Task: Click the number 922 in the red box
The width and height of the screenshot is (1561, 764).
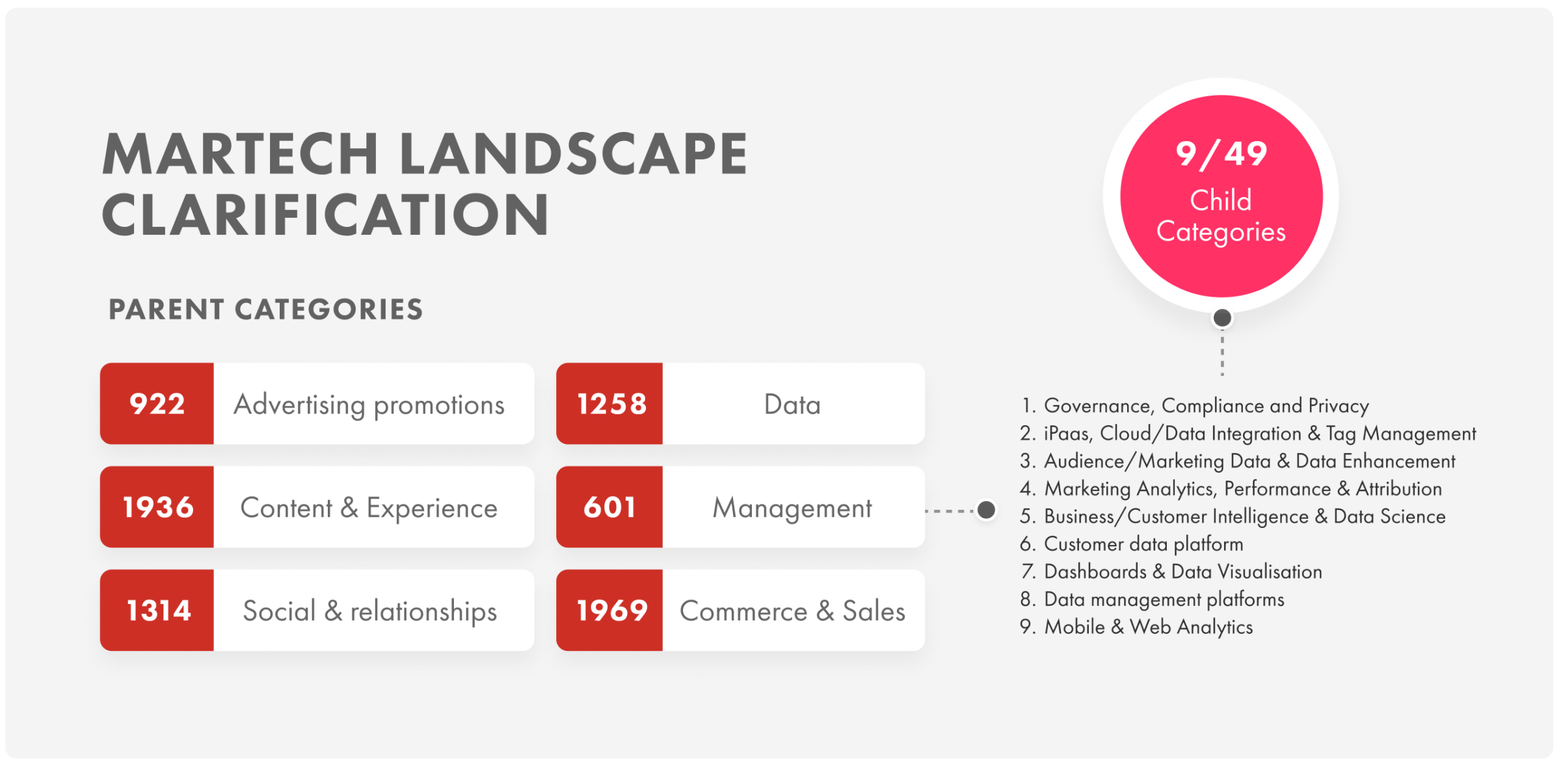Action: coord(157,404)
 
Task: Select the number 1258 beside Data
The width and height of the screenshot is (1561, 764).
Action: coord(612,404)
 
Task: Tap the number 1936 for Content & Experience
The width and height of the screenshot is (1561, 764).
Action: coord(158,507)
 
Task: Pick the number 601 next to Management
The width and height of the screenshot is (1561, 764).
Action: coord(609,507)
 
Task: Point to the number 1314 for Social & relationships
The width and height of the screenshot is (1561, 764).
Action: coord(158,611)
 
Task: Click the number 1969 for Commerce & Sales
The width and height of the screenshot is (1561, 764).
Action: coord(612,611)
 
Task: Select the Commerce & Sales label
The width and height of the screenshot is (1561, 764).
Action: coord(792,611)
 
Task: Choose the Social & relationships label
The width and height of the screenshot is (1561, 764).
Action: coord(369,612)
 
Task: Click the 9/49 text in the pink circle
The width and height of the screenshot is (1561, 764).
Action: coord(1221,155)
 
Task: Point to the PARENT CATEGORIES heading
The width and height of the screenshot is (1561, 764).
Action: coord(265,310)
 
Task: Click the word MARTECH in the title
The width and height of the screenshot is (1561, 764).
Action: coord(241,154)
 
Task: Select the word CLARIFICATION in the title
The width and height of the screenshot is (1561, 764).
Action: coord(326,215)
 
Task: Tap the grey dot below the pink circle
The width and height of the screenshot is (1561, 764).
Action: coord(1222,318)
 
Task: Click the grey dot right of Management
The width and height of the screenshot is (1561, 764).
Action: coord(986,510)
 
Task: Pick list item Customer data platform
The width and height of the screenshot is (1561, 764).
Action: coord(1132,544)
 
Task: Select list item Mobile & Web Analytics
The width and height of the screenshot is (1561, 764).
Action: coord(1136,627)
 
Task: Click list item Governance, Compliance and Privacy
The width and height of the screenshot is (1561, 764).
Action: coord(1195,406)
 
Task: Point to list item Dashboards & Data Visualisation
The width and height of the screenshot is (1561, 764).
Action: coord(1171,572)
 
